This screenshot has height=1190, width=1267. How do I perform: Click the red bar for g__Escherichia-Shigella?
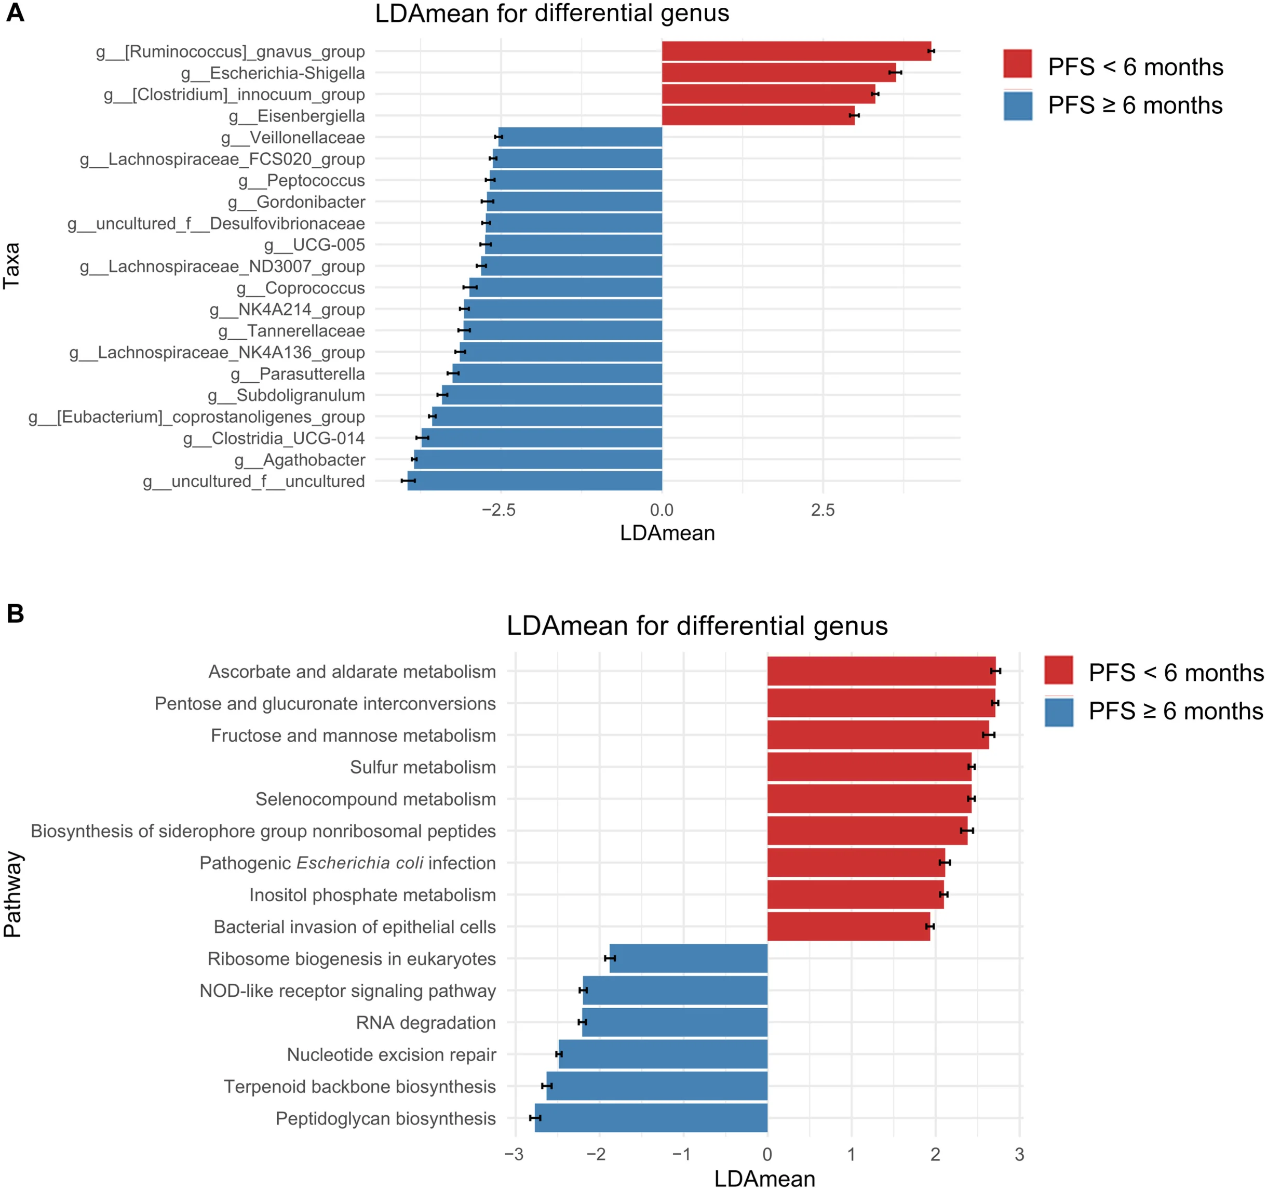[777, 73]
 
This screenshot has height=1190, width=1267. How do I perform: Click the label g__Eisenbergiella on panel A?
[296, 116]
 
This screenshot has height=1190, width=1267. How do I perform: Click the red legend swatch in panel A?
[1017, 64]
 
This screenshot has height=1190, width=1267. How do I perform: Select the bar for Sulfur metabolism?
[869, 767]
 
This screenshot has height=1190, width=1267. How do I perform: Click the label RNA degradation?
[425, 1022]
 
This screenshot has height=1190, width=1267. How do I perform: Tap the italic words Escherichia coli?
[360, 863]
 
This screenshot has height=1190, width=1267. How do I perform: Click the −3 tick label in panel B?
[513, 1154]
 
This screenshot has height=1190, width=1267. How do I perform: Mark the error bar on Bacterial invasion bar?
[930, 926]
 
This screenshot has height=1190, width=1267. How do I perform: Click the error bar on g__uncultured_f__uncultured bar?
[408, 480]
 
